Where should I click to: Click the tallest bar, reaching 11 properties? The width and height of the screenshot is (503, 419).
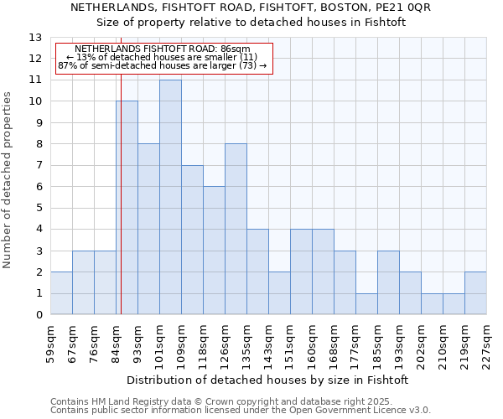[170, 197]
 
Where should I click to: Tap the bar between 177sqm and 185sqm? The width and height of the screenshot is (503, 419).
[366, 304]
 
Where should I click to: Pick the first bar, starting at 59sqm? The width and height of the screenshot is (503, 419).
[61, 293]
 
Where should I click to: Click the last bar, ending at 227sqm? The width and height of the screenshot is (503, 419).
[475, 293]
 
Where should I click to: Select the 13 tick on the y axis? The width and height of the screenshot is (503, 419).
[35, 38]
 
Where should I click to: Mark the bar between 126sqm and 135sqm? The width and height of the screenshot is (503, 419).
[236, 230]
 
